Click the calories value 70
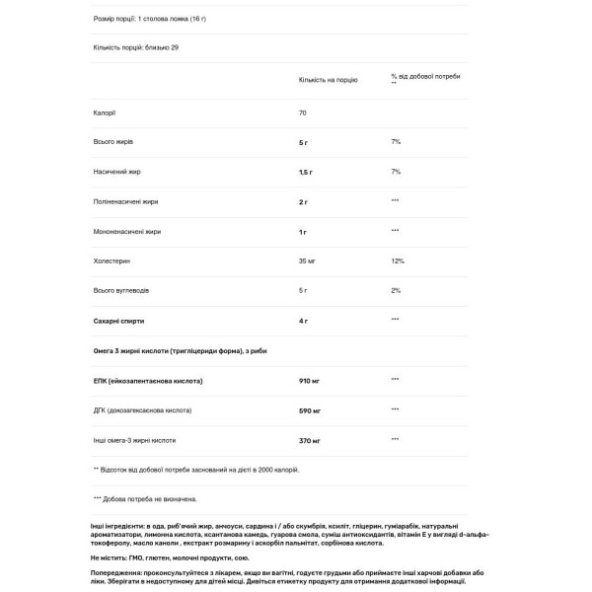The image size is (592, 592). coord(303,112)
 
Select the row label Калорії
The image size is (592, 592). coord(104,112)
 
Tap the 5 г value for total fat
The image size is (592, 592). coord(304,142)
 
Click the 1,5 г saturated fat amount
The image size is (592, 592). coord(306,172)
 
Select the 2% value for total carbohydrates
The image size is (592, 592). coord(396,290)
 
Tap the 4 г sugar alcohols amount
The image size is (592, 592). coord(304,320)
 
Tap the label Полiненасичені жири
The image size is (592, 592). coord(125,201)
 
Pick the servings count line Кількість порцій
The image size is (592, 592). coord(138,47)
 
